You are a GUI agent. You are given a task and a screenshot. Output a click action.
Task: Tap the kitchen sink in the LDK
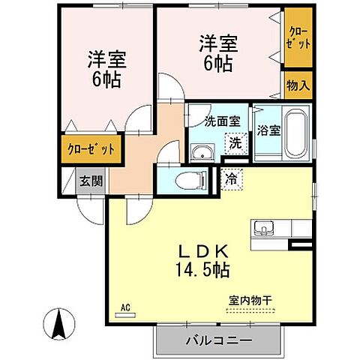pyautogui.click(x=264, y=228)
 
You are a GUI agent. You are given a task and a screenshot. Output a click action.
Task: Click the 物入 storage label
pyautogui.click(x=298, y=85)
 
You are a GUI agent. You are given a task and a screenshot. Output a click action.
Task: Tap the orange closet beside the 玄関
pyautogui.click(x=89, y=148)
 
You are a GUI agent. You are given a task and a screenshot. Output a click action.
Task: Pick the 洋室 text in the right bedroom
pyautogui.click(x=217, y=42)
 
